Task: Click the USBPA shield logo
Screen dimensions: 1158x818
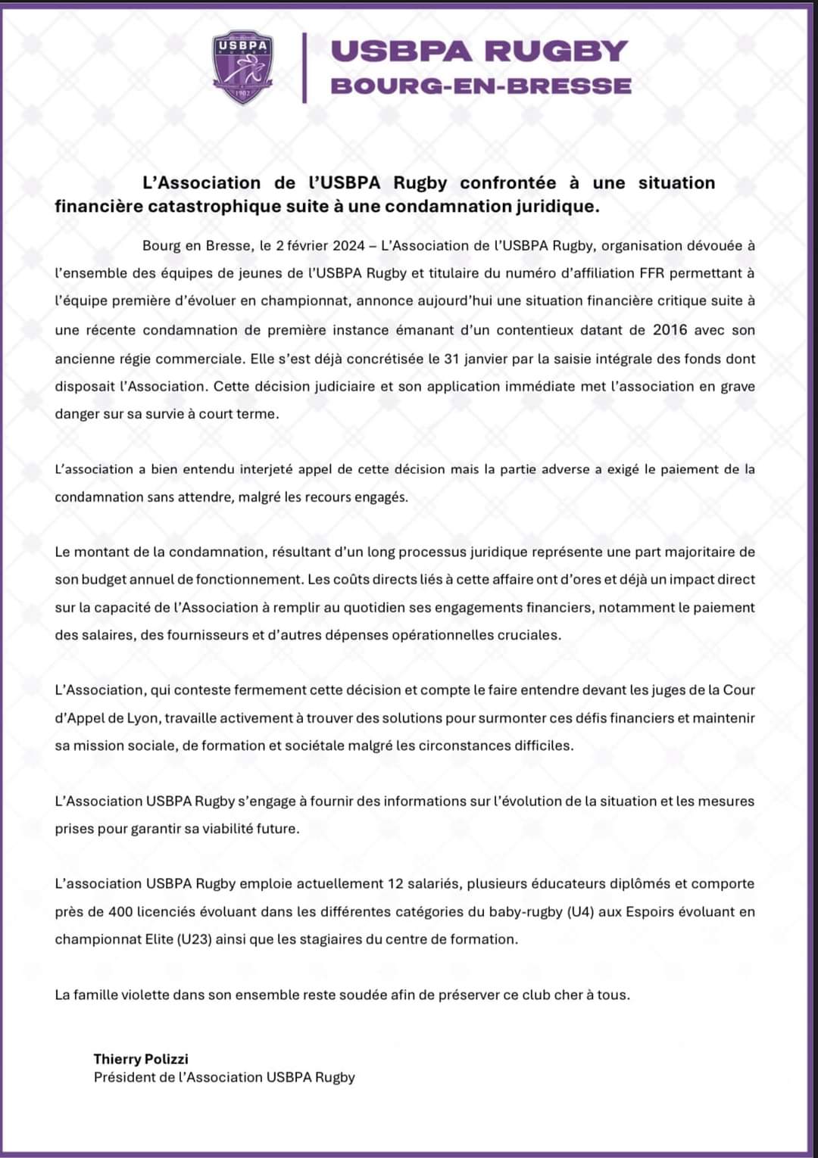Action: (242, 67)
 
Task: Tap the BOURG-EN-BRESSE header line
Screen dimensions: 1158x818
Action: (481, 86)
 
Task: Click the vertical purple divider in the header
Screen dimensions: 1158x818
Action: (304, 67)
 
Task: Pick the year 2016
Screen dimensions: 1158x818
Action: (670, 330)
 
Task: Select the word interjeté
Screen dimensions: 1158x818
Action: (266, 469)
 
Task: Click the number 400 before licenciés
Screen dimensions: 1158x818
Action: (121, 912)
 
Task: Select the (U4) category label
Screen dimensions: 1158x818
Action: (579, 912)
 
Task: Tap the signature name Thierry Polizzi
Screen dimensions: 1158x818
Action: (141, 1059)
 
